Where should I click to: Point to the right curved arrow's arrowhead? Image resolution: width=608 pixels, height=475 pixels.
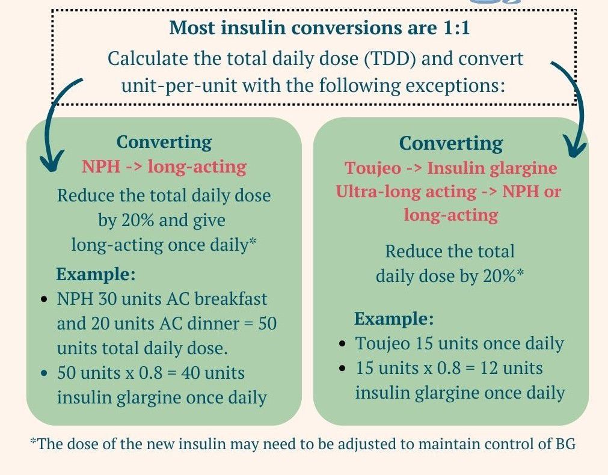click(x=576, y=147)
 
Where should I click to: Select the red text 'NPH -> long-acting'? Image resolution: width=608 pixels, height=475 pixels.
click(x=164, y=167)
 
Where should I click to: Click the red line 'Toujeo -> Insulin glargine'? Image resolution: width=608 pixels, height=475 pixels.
click(x=451, y=168)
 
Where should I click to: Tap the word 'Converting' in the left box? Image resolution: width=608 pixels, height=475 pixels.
click(x=164, y=142)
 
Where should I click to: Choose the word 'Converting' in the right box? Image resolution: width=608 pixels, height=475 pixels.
click(x=451, y=144)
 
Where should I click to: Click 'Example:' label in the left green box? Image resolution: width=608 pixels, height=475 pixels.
click(x=96, y=274)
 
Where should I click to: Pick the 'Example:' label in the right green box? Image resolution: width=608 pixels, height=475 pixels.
click(x=394, y=319)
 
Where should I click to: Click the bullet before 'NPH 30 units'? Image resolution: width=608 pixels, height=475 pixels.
click(x=44, y=299)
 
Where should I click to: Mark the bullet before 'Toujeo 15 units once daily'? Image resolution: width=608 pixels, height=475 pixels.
click(x=342, y=345)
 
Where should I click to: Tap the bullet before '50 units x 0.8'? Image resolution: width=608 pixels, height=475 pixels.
click(x=44, y=373)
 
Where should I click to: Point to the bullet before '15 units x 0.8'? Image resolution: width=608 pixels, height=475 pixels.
click(x=342, y=369)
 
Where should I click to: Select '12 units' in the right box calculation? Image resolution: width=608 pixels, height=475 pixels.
click(x=508, y=368)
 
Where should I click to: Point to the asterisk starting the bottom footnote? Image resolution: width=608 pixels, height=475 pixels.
click(x=32, y=443)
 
